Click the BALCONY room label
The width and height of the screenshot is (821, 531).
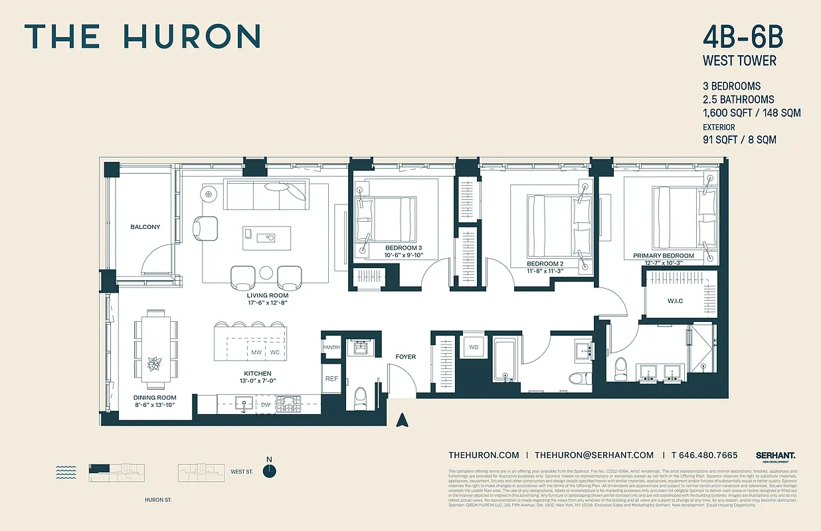click(145, 227)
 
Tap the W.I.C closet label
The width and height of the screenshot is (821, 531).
click(675, 301)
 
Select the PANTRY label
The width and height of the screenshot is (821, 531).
click(331, 347)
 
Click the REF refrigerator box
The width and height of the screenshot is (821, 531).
click(331, 379)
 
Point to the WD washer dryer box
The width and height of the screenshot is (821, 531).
click(474, 347)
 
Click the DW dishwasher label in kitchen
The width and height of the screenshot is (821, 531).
click(265, 404)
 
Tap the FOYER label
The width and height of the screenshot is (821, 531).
click(405, 356)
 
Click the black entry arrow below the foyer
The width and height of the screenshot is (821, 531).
click(401, 420)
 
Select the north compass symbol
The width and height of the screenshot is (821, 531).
click(269, 470)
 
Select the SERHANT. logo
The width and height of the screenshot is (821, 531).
click(775, 455)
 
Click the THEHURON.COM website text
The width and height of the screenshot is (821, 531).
click(484, 455)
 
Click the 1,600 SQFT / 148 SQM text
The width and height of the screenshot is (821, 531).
click(751, 113)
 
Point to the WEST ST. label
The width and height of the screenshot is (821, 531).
click(242, 472)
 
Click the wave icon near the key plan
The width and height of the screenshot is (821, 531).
click(66, 472)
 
